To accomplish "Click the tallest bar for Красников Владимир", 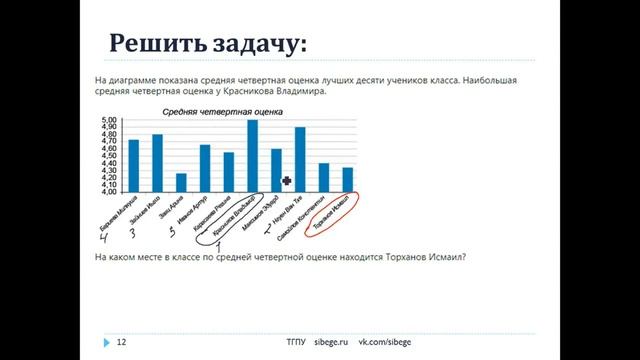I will click(253, 156).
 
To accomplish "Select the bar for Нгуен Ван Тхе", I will click(300, 160).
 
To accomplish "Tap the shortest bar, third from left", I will click(181, 182).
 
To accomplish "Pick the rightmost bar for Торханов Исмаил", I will click(347, 179).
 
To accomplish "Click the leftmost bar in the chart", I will click(134, 165).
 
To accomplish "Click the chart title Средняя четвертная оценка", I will click(216, 112).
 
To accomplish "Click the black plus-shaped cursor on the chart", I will click(287, 181).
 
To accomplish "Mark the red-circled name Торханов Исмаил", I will click(334, 211).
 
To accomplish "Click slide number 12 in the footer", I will click(122, 342).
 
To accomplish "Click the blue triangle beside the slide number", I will click(105, 342).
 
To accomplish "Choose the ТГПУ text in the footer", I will click(295, 342).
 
